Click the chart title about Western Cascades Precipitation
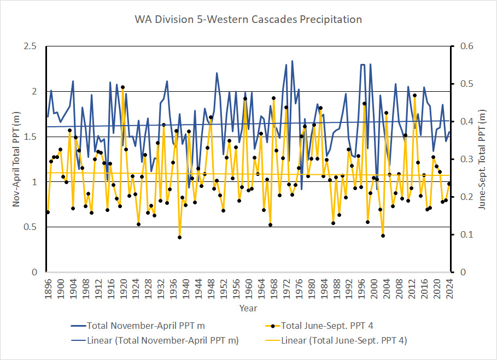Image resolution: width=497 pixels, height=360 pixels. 248,20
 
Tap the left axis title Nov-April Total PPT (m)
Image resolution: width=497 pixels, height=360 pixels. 17,159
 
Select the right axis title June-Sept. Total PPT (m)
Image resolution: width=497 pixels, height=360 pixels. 482,159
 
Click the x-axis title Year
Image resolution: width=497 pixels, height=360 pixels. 248,308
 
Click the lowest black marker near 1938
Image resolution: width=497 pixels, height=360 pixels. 179,237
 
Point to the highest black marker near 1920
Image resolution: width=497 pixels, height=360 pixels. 122,87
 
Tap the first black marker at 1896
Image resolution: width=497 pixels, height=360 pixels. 48,212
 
